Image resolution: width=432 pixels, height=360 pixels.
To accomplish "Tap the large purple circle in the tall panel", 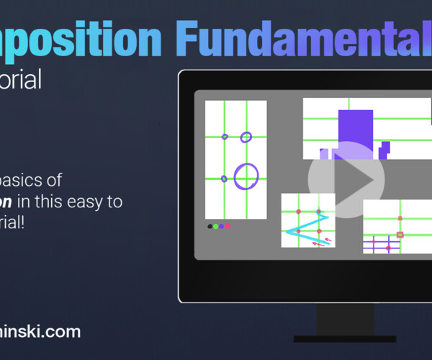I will tap(246, 176).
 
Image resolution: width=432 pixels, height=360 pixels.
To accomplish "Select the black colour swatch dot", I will tap(210, 226).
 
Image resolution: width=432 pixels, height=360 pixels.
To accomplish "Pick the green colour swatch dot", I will tap(215, 226).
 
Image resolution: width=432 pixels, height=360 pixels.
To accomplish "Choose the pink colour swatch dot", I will tap(228, 226).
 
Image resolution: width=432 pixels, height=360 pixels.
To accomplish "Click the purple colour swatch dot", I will tap(222, 226).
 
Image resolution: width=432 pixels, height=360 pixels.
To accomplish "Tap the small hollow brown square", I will tap(400, 234).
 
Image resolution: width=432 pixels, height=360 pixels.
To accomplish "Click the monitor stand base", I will tap(344, 338).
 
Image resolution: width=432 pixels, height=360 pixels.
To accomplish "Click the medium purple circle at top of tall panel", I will tap(246, 137).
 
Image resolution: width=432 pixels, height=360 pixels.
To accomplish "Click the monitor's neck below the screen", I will tap(344, 318).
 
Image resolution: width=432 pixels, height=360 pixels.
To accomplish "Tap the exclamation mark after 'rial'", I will tap(22, 222).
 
